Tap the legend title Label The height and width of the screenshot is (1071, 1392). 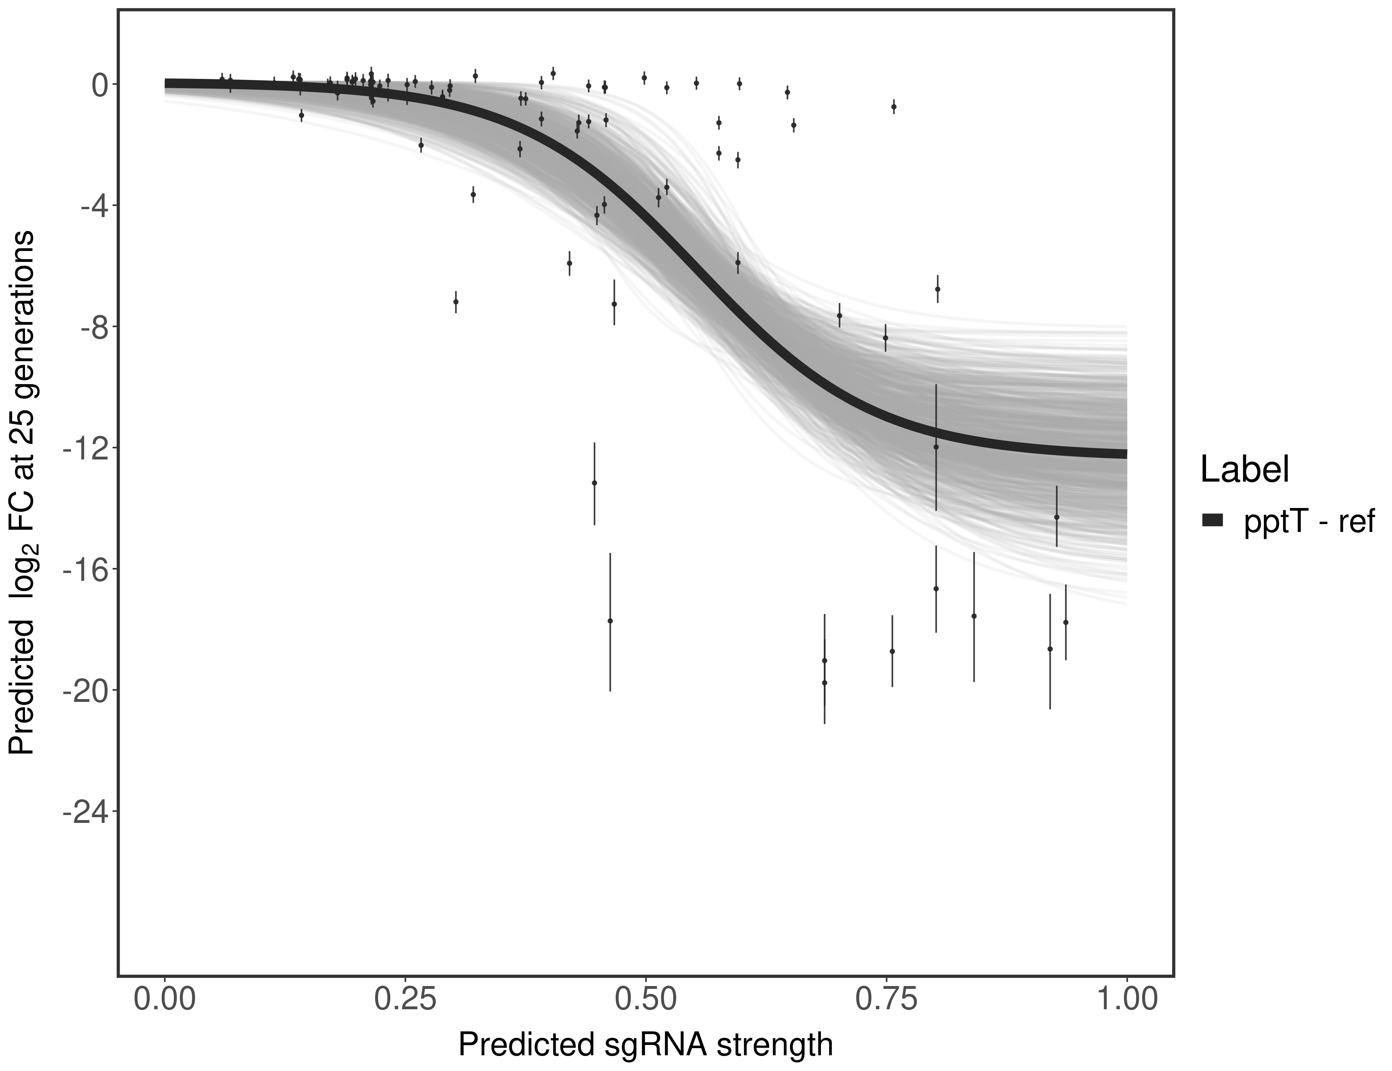pyautogui.click(x=1245, y=470)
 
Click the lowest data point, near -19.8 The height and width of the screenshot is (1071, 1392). pyautogui.click(x=824, y=683)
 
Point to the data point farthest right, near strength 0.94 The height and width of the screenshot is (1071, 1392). pyautogui.click(x=1066, y=622)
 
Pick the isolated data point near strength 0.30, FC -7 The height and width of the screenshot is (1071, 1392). pyautogui.click(x=456, y=302)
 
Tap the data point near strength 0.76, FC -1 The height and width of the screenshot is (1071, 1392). pyautogui.click(x=894, y=106)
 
